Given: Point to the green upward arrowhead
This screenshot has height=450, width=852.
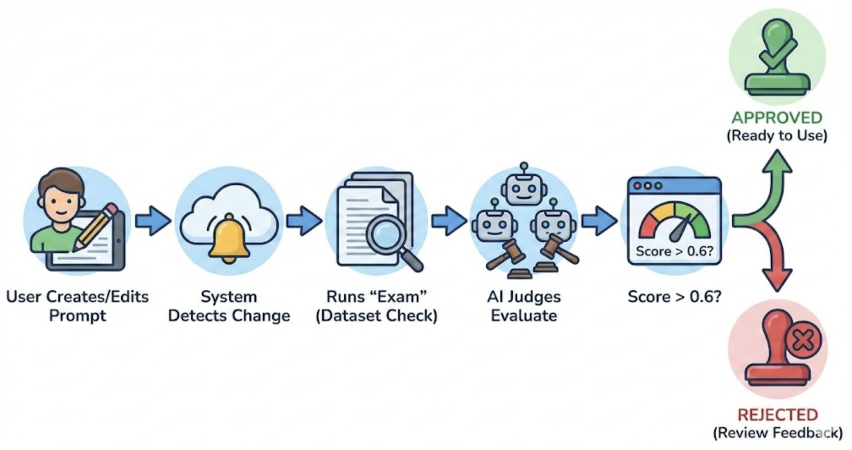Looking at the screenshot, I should (777, 162).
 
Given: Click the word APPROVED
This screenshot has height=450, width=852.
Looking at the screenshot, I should (777, 118).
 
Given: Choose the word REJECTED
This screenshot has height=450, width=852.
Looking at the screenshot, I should (778, 415).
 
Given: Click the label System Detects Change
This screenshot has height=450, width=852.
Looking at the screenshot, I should (229, 306).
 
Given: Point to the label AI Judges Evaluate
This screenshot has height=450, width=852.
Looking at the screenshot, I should (524, 306).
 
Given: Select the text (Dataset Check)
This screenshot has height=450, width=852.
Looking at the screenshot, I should (377, 316).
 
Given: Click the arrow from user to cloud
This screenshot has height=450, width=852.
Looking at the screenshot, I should (153, 220).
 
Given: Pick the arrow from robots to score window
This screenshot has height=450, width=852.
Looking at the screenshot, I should (599, 220).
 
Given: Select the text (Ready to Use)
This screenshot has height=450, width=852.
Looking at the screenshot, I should (777, 136).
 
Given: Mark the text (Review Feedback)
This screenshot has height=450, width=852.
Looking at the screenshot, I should (778, 433).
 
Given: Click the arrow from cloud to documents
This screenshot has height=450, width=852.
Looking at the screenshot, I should (303, 220).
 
